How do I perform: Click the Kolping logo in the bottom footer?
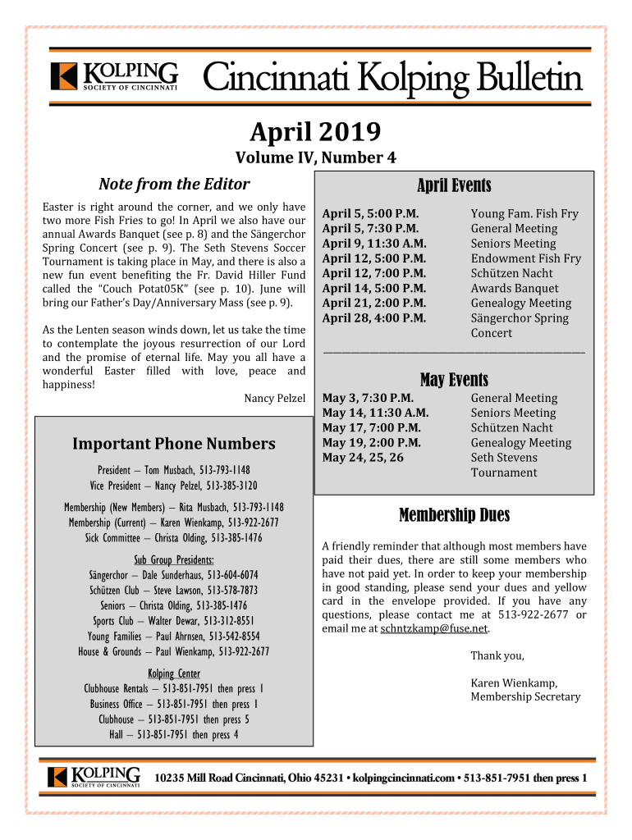[x=94, y=777]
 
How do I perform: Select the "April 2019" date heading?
[x=315, y=130]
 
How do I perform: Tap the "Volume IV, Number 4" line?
[x=316, y=158]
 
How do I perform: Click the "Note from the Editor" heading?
[x=174, y=184]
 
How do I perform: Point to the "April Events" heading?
[x=454, y=186]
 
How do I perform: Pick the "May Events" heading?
[x=454, y=380]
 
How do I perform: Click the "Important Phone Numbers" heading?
[x=174, y=444]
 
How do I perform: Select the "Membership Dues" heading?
[x=454, y=515]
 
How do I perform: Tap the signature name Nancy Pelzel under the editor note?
[x=275, y=399]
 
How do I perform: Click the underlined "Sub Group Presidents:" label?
[x=174, y=560]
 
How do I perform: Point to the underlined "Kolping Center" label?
[x=174, y=673]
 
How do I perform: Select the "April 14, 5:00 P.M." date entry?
[x=373, y=288]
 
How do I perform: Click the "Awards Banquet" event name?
[x=514, y=288]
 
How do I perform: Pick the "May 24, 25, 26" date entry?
[x=363, y=458]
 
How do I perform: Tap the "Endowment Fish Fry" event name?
[x=525, y=258]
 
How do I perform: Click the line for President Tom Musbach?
[x=174, y=470]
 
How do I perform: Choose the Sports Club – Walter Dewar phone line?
[x=174, y=620]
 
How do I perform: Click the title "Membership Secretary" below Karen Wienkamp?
[x=525, y=697]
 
